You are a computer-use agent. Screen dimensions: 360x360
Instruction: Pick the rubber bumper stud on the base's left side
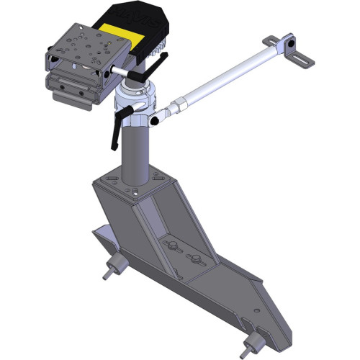point(111,271)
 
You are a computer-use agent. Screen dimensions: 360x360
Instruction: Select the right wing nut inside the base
point(192,258)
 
